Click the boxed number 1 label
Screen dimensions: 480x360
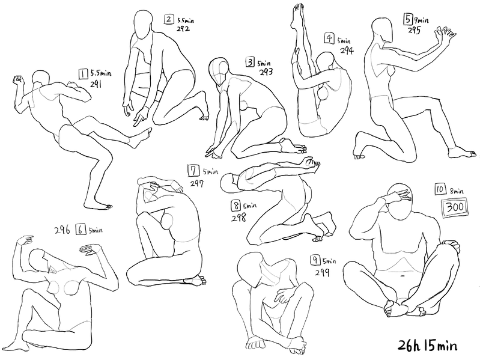(83, 74)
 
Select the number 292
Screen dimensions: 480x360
(183, 29)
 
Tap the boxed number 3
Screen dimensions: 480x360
(250, 63)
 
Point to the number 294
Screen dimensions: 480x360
(347, 50)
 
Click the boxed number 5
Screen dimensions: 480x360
(408, 20)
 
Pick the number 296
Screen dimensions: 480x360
(62, 230)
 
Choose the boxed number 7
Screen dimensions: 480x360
(193, 171)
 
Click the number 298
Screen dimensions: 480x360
(238, 218)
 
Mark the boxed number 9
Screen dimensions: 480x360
(315, 260)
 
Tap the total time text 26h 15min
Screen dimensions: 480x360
(428, 346)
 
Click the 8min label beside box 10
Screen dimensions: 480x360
(457, 192)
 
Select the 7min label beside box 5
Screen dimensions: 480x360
(422, 20)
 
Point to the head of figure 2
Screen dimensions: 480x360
(143, 25)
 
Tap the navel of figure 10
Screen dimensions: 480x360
(401, 275)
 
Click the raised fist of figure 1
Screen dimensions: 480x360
(19, 80)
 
